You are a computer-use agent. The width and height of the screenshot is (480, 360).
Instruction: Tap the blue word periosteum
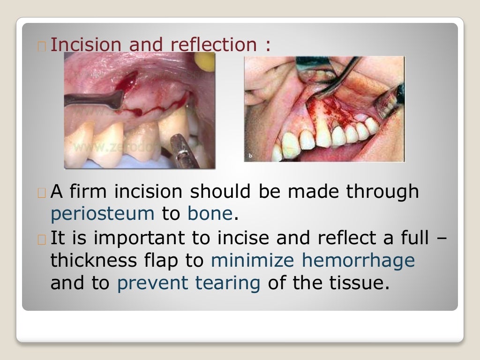tap(102, 214)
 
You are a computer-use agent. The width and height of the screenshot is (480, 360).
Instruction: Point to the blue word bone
tap(210, 214)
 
